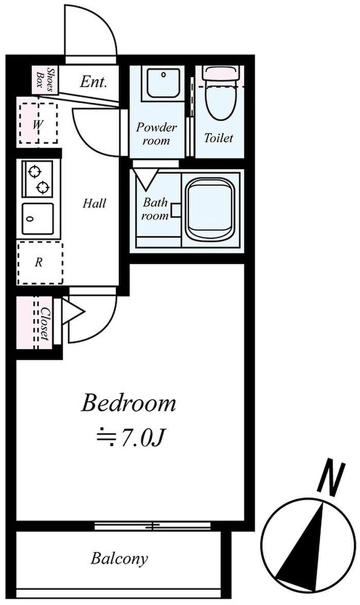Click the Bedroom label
[x=128, y=403]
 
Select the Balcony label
[x=119, y=559]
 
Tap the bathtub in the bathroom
[x=210, y=209]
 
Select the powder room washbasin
[x=164, y=83]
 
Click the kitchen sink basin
[x=38, y=219]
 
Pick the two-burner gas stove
[x=38, y=179]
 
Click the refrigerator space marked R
[x=40, y=263]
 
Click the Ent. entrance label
[x=93, y=81]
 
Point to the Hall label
[x=94, y=203]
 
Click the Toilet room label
[x=219, y=137]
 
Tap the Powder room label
[x=156, y=133]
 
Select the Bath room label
[x=155, y=208]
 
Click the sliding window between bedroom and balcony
[x=153, y=525]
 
